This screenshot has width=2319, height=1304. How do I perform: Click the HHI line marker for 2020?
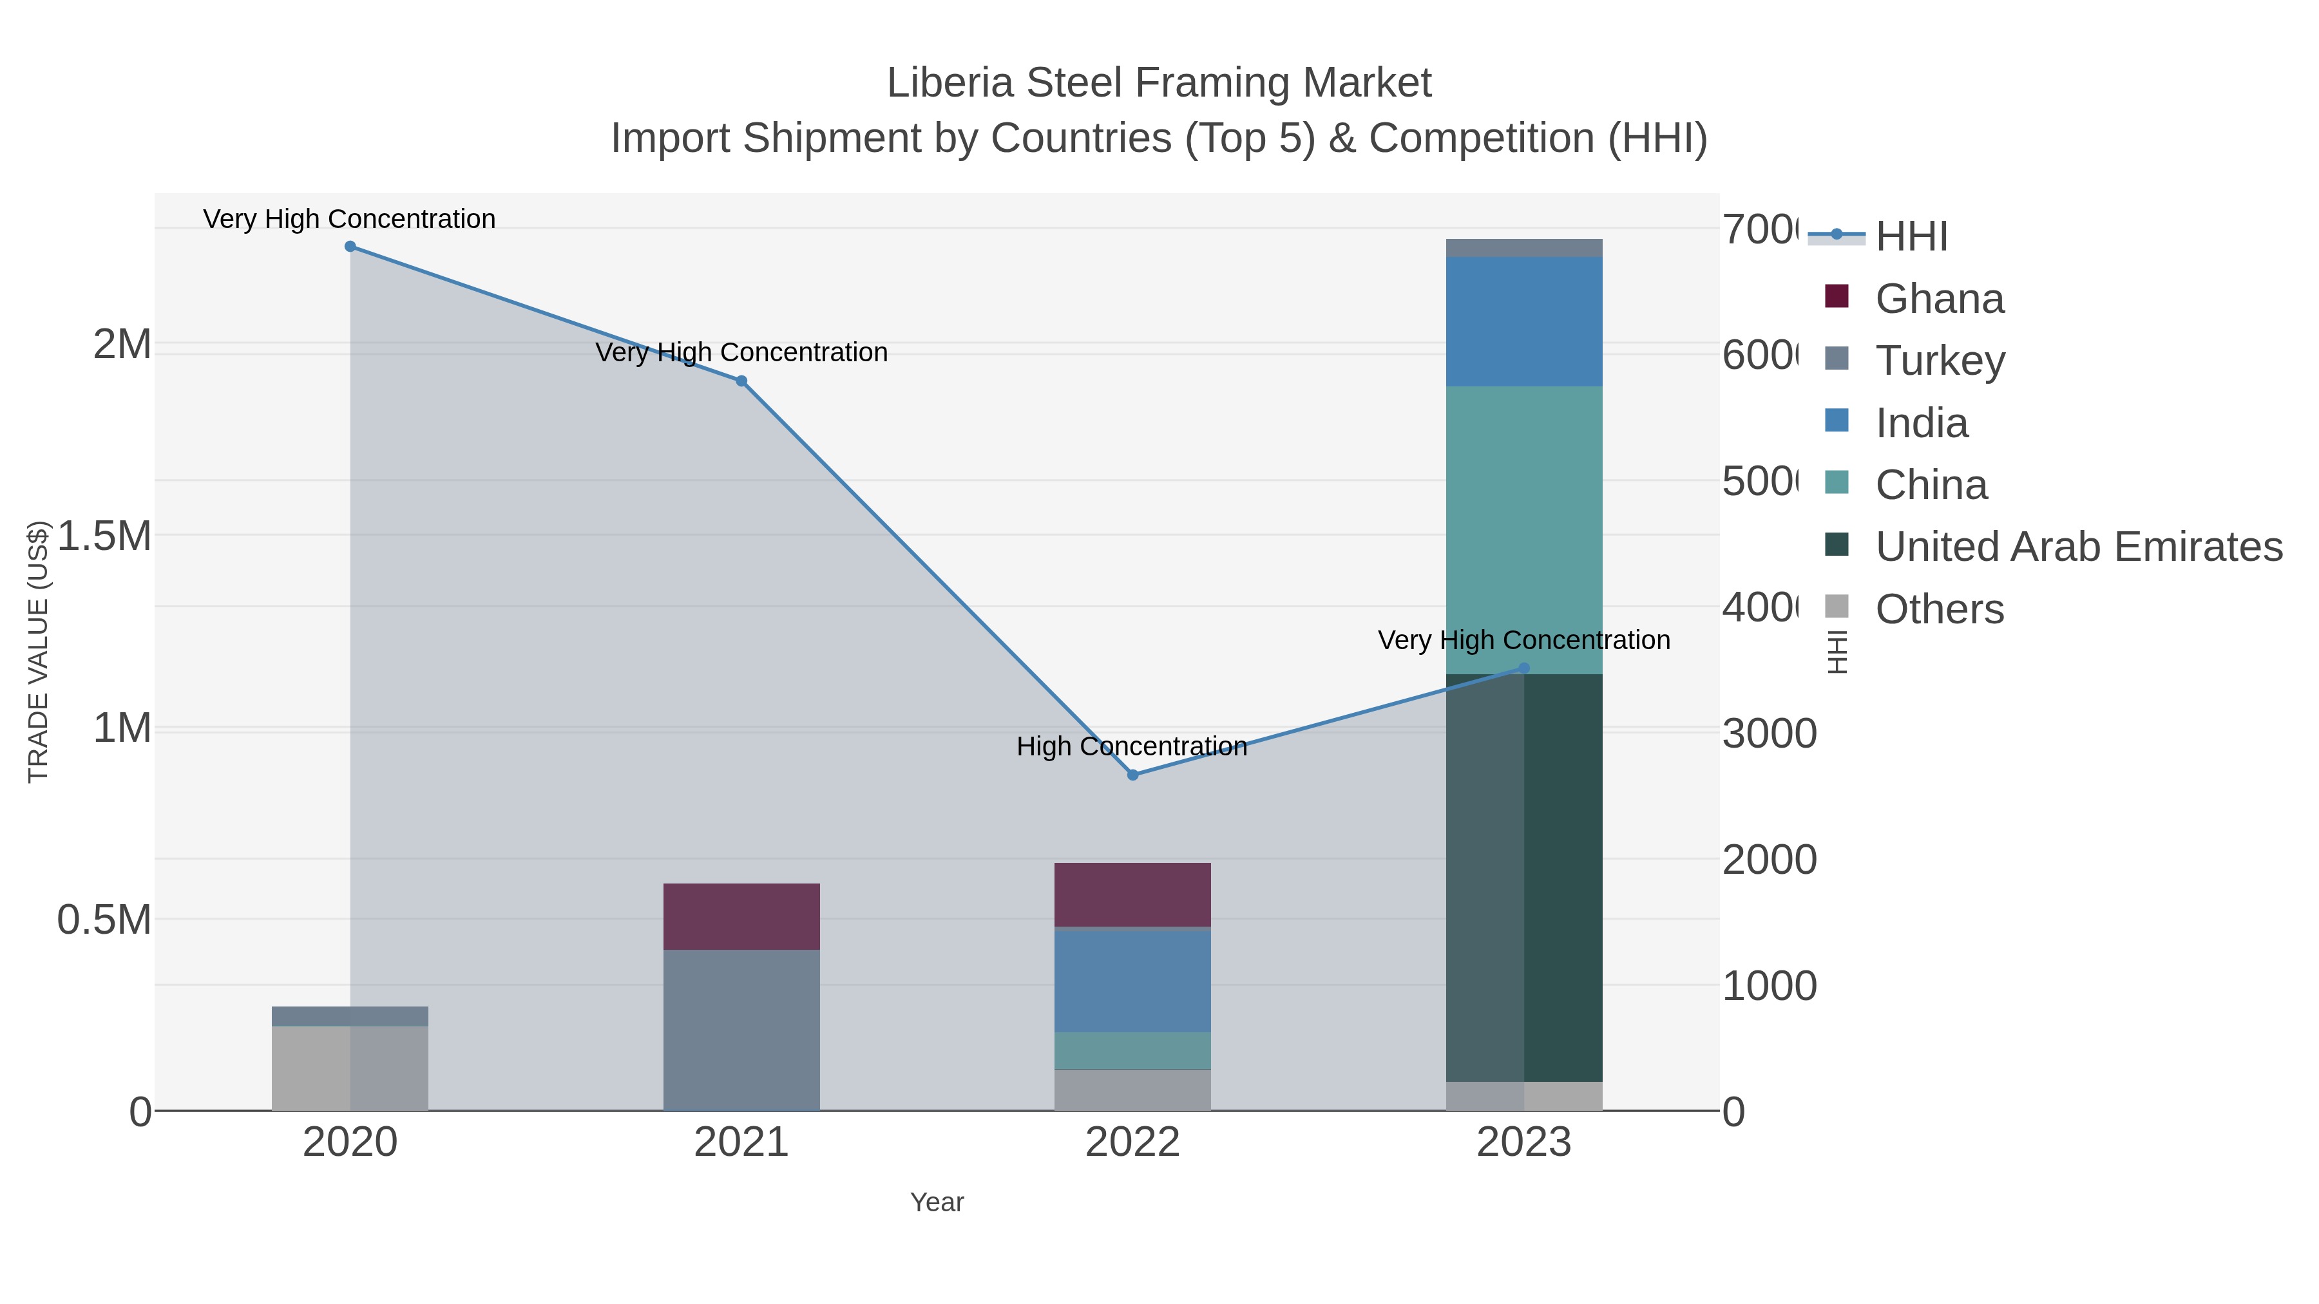[350, 247]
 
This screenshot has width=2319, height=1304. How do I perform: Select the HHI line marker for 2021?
[741, 381]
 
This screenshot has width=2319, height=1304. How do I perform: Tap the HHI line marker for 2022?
[1132, 775]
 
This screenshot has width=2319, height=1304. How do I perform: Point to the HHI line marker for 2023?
[1523, 668]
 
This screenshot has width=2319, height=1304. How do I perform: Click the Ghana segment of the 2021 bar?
[741, 916]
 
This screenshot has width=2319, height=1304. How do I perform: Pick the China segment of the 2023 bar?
[1523, 530]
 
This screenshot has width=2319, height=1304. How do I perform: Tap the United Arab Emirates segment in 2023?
[1523, 878]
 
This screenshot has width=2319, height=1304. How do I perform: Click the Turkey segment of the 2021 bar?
[741, 1030]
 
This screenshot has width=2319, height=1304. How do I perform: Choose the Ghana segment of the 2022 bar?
[1132, 894]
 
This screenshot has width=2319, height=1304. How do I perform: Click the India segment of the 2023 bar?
[1523, 321]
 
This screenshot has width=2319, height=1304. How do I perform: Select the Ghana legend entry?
[1939, 299]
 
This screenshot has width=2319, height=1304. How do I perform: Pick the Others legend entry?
[1939, 609]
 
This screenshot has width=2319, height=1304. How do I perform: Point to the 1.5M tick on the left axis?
[104, 536]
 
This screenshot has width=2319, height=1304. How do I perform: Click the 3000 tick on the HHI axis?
[1769, 733]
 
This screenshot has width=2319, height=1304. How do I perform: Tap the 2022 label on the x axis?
[1132, 1143]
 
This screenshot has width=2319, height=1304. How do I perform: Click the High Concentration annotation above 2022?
[1132, 746]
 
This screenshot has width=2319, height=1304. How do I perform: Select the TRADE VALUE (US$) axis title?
[39, 652]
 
